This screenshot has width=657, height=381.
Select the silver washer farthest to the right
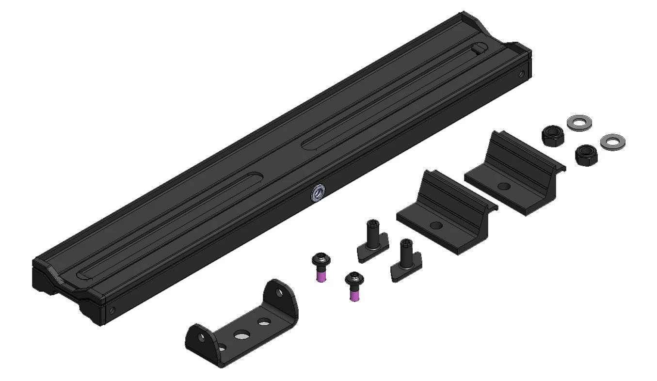(x=612, y=142)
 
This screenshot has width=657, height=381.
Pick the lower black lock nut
(x=584, y=155)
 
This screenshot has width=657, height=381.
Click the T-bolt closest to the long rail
(x=372, y=239)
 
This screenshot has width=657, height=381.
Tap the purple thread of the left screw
(x=320, y=276)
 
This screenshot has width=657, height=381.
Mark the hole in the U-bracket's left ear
(x=222, y=347)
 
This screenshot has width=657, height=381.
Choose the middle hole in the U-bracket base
(x=241, y=334)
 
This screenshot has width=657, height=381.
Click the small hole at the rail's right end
(x=521, y=75)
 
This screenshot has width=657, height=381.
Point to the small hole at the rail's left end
(x=112, y=310)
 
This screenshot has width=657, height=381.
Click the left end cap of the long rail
(x=68, y=291)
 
